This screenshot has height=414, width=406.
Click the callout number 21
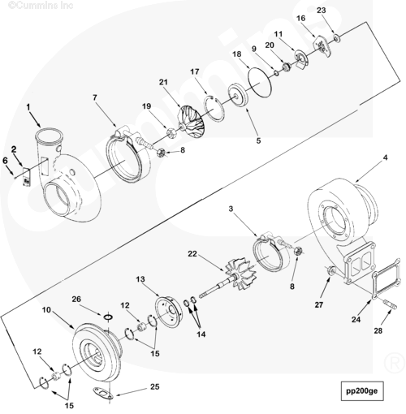163,82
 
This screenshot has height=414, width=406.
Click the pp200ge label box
361,391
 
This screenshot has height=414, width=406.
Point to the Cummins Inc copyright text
41,5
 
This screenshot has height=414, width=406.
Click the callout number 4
385,157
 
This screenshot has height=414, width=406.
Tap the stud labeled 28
391,304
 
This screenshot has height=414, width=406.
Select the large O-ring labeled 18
260,81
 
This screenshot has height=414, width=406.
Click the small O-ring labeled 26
108,317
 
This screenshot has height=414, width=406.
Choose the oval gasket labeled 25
103,393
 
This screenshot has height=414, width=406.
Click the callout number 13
140,279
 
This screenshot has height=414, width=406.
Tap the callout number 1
28,107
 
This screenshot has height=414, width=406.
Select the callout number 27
319,304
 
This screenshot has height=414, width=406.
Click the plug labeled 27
330,270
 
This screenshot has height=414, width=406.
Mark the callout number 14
201,334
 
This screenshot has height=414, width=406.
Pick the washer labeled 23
337,38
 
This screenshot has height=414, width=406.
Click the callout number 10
46,309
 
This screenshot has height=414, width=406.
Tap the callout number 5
258,140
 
